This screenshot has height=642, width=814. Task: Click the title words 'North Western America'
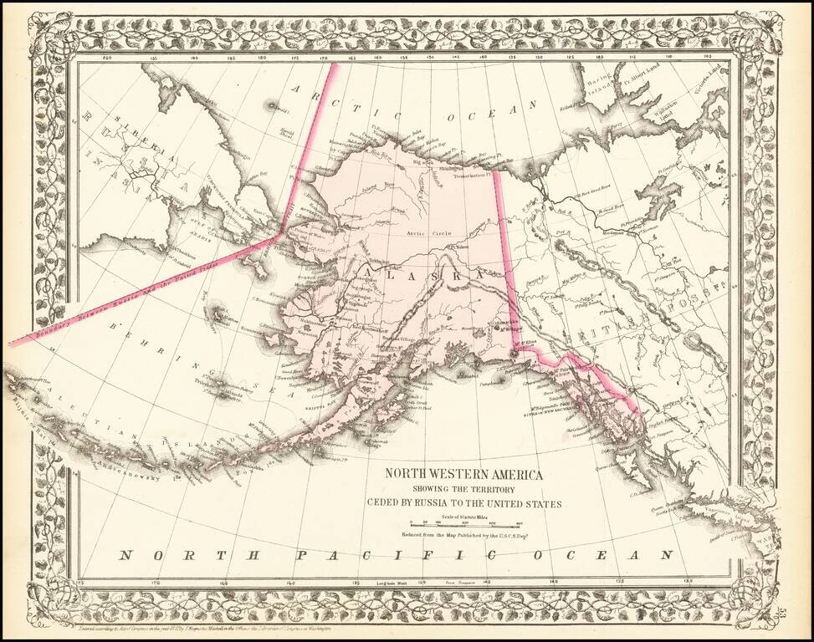[463, 474]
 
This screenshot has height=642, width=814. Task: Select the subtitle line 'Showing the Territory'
[463, 489]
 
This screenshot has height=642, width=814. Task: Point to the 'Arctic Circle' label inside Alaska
[423, 233]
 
